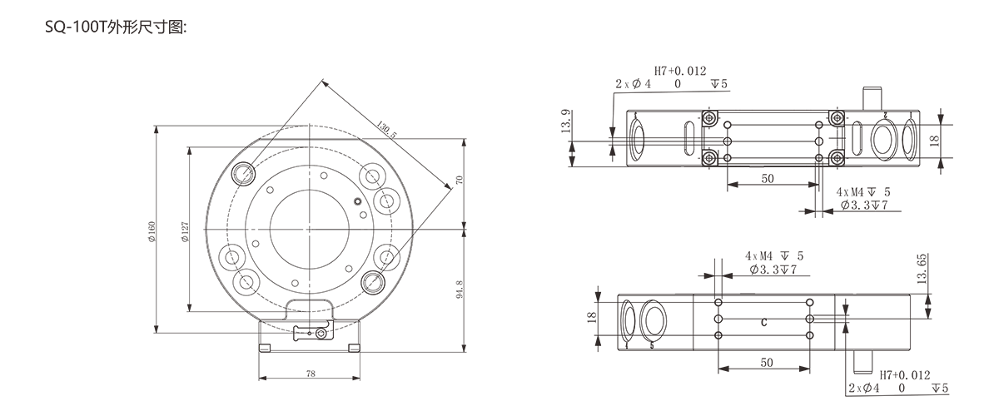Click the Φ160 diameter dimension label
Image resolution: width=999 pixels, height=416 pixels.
(152, 232)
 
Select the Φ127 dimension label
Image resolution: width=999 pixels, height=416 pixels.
(185, 232)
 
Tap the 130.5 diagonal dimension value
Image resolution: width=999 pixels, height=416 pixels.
(386, 129)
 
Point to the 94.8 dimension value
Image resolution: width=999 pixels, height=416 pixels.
(460, 290)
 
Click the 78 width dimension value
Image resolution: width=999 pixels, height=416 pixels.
(311, 374)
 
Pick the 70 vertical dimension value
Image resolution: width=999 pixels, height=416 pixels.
(460, 180)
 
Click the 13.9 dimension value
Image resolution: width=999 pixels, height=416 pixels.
(565, 121)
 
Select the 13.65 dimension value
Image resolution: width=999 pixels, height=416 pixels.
(922, 269)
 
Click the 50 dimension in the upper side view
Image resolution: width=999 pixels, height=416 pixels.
(768, 179)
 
